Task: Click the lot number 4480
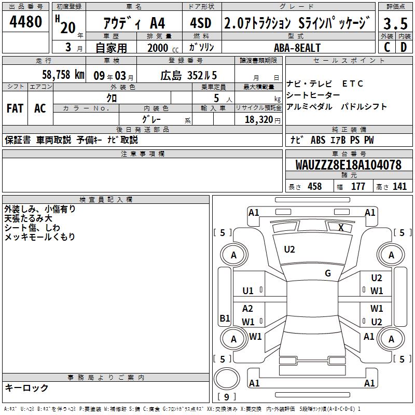[x=25, y=22]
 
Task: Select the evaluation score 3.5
[x=395, y=23]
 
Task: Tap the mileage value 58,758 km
[x=63, y=75]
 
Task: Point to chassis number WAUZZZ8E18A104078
[x=348, y=165]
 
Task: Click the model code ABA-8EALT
[x=297, y=48]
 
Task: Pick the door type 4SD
[x=201, y=23]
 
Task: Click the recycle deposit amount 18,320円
[x=262, y=120]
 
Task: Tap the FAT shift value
[x=15, y=108]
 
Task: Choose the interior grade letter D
[x=404, y=47]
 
